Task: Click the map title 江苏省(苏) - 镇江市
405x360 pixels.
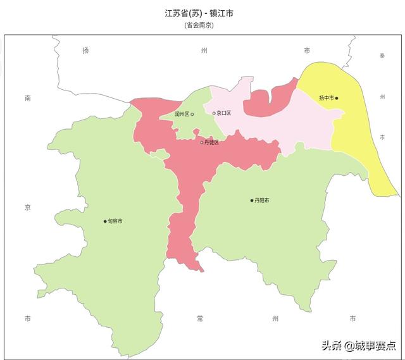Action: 198,13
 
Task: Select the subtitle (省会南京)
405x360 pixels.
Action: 198,25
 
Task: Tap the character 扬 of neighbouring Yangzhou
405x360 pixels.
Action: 85,50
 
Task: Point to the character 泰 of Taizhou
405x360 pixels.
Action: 382,56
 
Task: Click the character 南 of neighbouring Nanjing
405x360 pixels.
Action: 27,98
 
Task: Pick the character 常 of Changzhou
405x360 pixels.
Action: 199,318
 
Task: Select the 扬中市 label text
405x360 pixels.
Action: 326,98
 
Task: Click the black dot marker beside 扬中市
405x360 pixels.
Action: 337,98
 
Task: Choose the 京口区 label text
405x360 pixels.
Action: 223,113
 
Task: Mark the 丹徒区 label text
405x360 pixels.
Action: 211,142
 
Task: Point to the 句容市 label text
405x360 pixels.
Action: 115,221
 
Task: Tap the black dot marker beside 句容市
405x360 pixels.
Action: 105,221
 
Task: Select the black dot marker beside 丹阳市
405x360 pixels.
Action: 251,201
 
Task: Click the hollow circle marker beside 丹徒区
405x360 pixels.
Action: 202,142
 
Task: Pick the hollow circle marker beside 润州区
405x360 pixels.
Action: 192,115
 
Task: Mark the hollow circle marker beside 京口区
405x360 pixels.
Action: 214,113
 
